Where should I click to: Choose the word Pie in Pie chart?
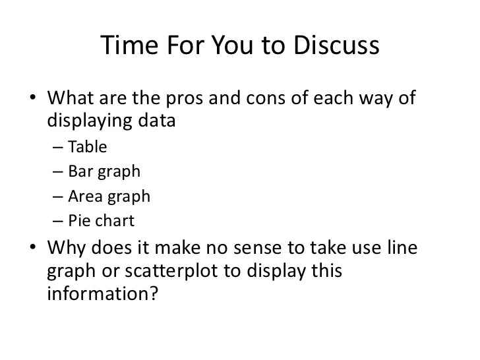click(78, 220)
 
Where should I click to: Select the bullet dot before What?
click(34, 100)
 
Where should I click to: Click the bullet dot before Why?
click(34, 248)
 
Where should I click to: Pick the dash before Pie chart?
click(56, 220)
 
